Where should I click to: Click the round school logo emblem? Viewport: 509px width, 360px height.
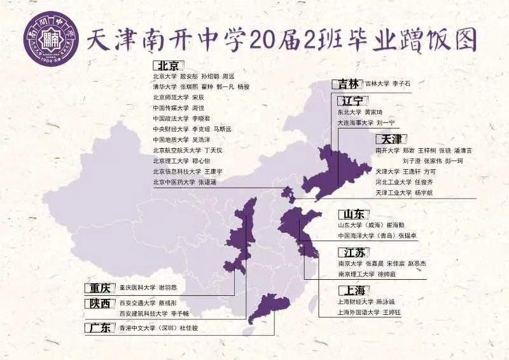tap(48, 40)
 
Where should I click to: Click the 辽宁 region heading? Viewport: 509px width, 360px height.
tap(352, 101)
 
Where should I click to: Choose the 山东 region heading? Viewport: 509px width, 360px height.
tap(352, 214)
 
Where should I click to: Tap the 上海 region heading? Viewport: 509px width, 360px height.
tap(352, 290)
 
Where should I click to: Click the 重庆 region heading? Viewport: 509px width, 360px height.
tap(101, 287)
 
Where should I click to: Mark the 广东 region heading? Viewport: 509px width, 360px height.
tap(101, 328)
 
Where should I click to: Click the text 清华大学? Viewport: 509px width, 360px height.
tap(165, 87)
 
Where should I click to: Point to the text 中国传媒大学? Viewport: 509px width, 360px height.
tap(171, 108)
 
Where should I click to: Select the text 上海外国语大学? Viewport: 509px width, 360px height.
tap(360, 312)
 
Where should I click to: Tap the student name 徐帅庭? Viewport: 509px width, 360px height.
tap(387, 274)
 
